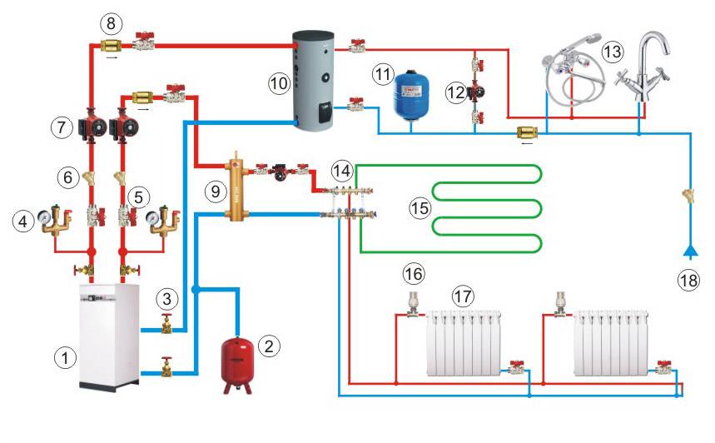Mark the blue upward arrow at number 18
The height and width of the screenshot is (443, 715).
tap(688, 249)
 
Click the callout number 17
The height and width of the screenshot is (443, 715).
tap(463, 296)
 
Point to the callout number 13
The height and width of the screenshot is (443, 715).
tap(610, 52)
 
